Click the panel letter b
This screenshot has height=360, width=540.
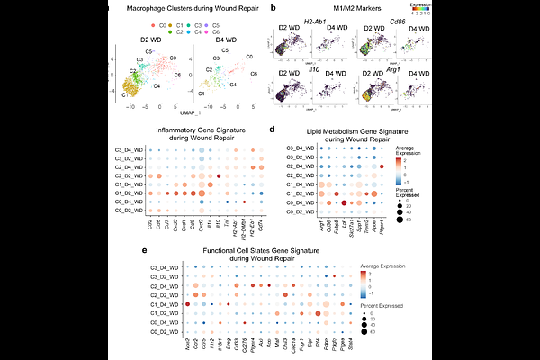pos(273,7)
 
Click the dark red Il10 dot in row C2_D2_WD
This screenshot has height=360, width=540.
pos(219,175)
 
